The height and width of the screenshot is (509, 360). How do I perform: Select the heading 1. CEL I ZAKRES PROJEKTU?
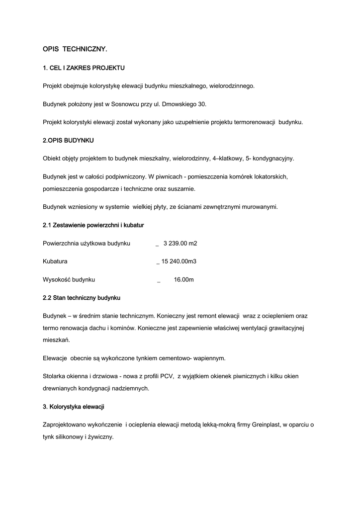click(x=84, y=68)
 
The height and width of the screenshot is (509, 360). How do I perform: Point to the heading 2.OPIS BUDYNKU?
click(x=69, y=140)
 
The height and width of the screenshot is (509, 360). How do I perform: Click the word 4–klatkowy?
click(x=229, y=159)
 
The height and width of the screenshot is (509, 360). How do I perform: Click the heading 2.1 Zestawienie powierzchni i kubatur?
click(x=93, y=225)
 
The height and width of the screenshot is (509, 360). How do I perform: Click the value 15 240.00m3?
click(x=179, y=261)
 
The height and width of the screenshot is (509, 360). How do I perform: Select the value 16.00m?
click(x=183, y=280)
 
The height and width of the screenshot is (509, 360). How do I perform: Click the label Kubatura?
click(x=55, y=261)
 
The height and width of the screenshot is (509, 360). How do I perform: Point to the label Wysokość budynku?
click(x=69, y=280)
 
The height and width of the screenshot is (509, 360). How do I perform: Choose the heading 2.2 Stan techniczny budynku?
click(x=82, y=298)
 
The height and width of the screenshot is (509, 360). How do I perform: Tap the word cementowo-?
click(x=177, y=358)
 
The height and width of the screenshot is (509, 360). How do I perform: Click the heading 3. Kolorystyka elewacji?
click(x=74, y=407)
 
